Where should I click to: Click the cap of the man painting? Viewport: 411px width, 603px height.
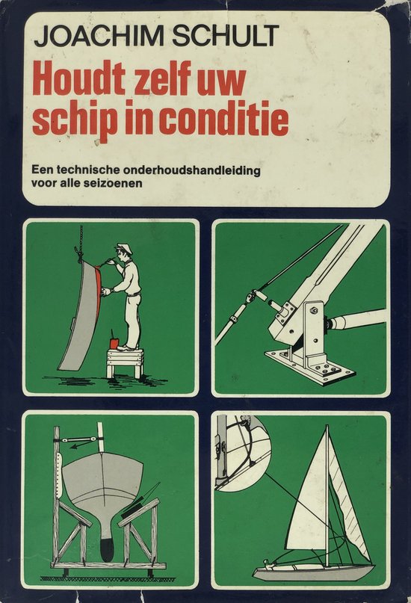coord(124,247)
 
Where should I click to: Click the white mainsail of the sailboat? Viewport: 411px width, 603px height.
coord(310,500)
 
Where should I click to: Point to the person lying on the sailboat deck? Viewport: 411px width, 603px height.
coord(271,564)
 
